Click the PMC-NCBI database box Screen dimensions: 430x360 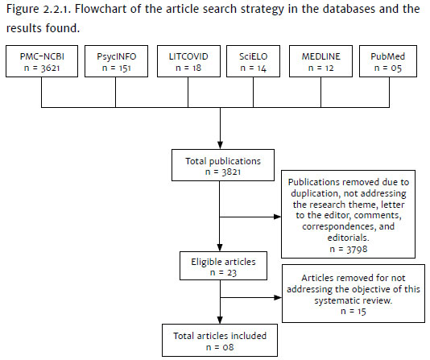tap(42, 61)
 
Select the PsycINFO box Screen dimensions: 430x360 tap(116, 61)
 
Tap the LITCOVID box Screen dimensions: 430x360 tap(188, 61)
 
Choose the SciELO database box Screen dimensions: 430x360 tap(253, 61)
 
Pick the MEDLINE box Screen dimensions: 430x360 tap(320, 61)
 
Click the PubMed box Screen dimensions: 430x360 tap(388, 61)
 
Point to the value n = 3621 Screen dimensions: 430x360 tap(42, 68)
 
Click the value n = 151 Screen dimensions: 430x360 tap(116, 68)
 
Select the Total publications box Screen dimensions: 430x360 tap(223, 165)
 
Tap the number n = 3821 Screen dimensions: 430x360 tap(223, 172)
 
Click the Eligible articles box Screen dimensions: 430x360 tap(223, 266)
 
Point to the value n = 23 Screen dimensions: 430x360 tap(223, 273)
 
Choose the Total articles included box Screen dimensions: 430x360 tap(220, 340)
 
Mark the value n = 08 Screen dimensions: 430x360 tap(220, 347)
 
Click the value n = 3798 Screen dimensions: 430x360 tap(349, 249)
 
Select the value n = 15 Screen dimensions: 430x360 tap(354, 312)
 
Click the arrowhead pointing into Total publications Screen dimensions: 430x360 tap(220, 145)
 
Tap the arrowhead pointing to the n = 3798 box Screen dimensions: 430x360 tap(278, 217)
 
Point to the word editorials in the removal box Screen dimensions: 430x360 tap(349, 238)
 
